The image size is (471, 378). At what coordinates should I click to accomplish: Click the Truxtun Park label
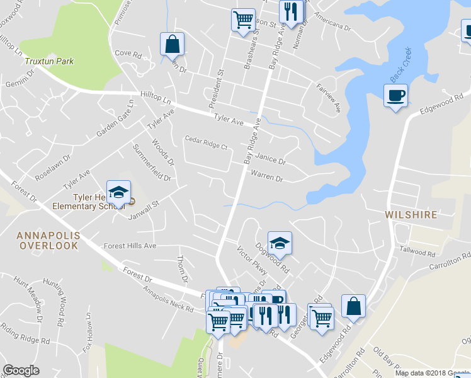pyautogui.click(x=49, y=61)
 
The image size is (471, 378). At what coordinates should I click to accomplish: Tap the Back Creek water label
pyautogui.click(x=400, y=65)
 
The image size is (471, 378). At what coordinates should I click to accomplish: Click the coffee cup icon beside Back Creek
pyautogui.click(x=395, y=96)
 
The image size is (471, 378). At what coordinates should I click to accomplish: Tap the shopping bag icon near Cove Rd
pyautogui.click(x=172, y=44)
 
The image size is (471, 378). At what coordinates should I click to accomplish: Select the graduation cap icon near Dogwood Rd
pyautogui.click(x=280, y=243)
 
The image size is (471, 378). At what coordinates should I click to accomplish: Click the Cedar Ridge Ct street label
pyautogui.click(x=205, y=142)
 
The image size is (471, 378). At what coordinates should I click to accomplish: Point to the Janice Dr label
pyautogui.click(x=271, y=160)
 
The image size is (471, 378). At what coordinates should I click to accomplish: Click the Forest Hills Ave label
pyautogui.click(x=130, y=246)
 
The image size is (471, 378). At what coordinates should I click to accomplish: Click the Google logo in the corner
pyautogui.click(x=21, y=370)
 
